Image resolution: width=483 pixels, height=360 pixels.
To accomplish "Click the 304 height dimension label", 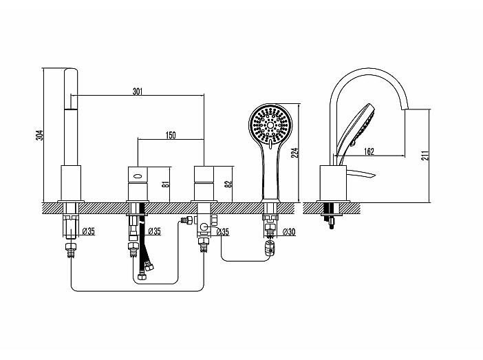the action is pos(40,135).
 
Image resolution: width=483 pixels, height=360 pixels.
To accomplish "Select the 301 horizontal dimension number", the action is pos(138,92).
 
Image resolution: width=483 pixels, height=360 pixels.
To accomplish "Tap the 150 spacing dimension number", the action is pos(171,135).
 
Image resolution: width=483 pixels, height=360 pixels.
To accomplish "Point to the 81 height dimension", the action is pos(166,184).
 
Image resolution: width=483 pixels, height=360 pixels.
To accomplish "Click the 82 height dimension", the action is pos(228,184).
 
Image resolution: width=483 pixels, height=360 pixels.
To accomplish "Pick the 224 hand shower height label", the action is pos(294,153).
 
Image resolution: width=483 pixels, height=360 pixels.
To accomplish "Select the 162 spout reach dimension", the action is pos(369,151).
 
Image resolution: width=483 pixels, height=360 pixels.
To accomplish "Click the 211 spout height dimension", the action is pos(425,156).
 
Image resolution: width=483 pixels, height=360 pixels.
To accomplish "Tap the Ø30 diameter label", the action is pos(289,231).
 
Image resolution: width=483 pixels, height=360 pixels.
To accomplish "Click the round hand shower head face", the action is pos(270,125).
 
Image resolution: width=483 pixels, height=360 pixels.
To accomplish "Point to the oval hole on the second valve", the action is pos(138,177).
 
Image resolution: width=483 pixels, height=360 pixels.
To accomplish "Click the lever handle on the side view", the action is pos(361,174).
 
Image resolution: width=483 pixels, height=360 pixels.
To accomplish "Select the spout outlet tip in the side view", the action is pos(406,108).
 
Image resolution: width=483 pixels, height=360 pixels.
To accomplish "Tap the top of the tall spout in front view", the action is pos(71,69).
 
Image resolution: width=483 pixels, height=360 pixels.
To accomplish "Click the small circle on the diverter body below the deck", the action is pos(204,227).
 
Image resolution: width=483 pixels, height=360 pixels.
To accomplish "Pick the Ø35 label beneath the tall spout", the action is pos(89,231).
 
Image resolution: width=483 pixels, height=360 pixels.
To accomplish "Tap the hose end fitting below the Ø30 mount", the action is pos(270,248).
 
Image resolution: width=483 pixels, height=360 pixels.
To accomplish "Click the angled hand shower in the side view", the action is pos(356,130).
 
